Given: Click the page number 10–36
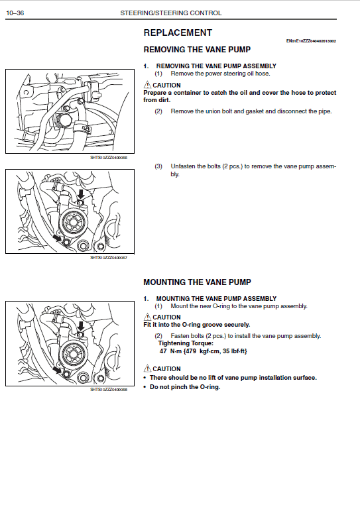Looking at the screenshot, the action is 15,13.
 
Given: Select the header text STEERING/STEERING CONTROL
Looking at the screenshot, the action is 171,13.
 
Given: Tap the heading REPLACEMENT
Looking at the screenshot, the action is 178,32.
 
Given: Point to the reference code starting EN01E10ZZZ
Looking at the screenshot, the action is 311,41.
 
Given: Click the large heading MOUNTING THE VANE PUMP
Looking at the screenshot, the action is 197,282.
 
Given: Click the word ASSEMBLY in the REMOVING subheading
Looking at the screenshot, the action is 259,66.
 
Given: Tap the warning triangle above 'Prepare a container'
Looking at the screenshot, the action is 147,85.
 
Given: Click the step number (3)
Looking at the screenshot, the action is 158,166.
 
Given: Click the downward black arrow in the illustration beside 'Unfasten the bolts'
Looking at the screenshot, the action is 81,194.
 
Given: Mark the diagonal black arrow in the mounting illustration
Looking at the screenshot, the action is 57,369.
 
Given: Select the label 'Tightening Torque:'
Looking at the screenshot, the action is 186,343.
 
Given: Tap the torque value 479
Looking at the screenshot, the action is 191,351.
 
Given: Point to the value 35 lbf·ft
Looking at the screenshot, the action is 235,351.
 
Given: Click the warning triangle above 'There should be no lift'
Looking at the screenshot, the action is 147,368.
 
